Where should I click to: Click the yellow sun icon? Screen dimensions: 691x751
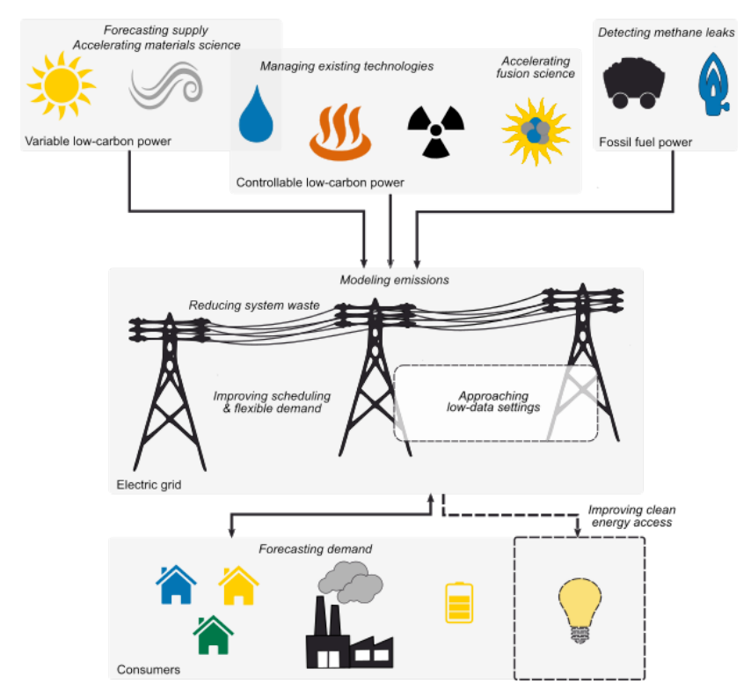pyautogui.click(x=61, y=85)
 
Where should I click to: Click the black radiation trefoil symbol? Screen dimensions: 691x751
pyautogui.click(x=434, y=130)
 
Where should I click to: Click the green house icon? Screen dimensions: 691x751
pyautogui.click(x=214, y=635)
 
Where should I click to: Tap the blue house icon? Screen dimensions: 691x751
pyautogui.click(x=176, y=584)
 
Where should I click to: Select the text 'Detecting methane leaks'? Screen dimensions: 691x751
pyautogui.click(x=666, y=33)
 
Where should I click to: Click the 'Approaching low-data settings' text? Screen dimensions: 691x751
pyautogui.click(x=493, y=401)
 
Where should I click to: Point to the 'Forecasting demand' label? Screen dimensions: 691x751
pyautogui.click(x=315, y=549)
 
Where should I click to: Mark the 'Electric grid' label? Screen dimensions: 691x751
pyautogui.click(x=149, y=483)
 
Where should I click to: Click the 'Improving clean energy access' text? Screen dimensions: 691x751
pyautogui.click(x=631, y=516)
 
